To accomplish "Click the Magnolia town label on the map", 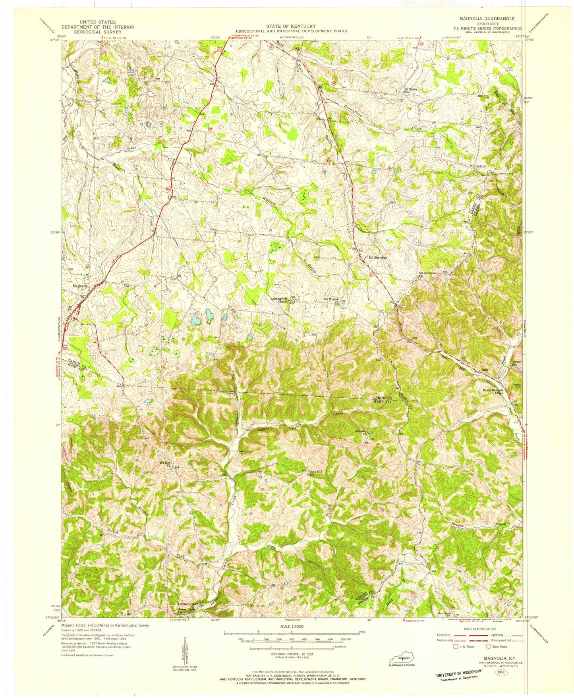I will point(80,285).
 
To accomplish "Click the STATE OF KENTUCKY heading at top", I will point(291,26).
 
